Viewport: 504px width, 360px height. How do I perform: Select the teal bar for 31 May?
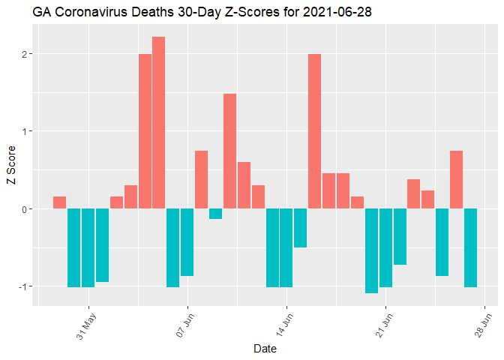[x=88, y=247]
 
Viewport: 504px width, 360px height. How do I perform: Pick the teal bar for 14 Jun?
[x=286, y=247]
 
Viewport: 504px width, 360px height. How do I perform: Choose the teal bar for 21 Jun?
[x=385, y=247]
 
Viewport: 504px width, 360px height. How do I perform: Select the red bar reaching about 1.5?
[x=229, y=151]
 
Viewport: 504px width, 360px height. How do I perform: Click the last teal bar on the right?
[x=470, y=247]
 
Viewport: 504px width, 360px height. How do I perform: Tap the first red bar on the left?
[x=59, y=202]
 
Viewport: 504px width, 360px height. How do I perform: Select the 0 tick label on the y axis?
[x=25, y=209]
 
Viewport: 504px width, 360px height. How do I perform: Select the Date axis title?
[x=265, y=349]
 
